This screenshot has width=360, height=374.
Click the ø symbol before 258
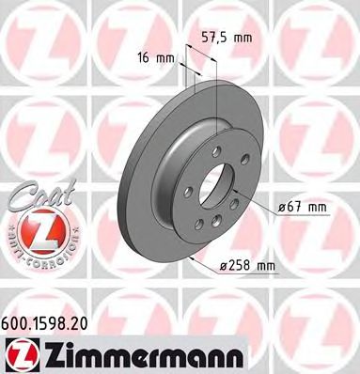tap(224, 266)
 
